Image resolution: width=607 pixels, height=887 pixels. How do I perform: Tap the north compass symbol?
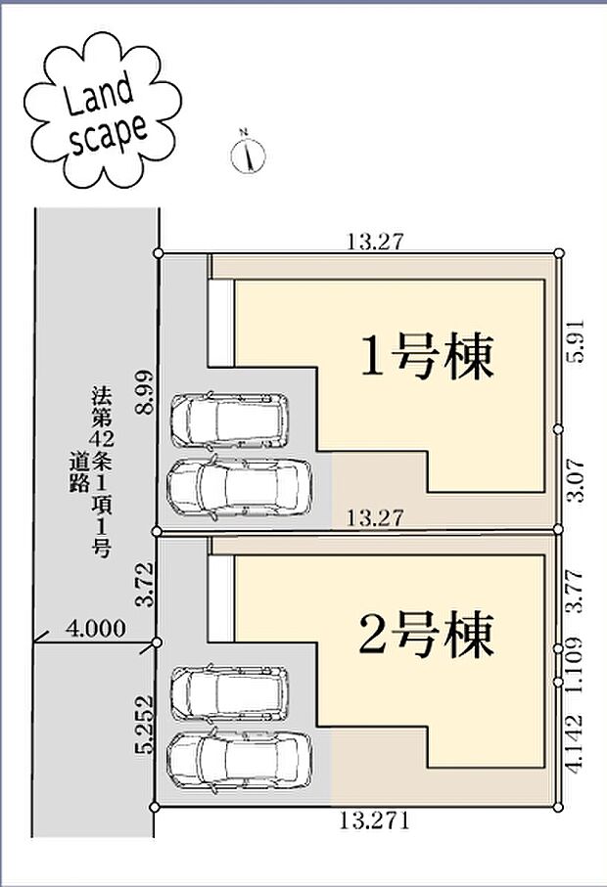(x=249, y=154)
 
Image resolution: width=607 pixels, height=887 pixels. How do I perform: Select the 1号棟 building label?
(x=427, y=357)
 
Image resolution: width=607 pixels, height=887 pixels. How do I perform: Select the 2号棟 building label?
(x=427, y=637)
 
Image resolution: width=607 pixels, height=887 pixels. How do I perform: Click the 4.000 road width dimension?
(x=95, y=629)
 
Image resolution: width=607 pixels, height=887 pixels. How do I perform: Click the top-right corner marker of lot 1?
(x=559, y=253)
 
